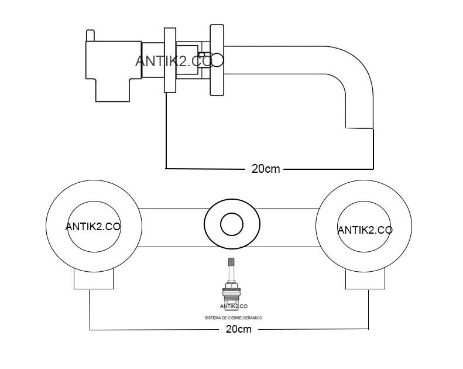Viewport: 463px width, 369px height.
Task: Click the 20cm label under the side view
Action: click(x=265, y=169)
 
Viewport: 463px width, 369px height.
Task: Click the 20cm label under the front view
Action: click(x=238, y=329)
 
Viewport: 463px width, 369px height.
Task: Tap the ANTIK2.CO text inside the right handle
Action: click(x=365, y=230)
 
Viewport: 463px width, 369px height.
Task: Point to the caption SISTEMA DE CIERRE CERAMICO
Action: click(x=233, y=317)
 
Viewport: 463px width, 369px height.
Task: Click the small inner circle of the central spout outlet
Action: click(x=231, y=224)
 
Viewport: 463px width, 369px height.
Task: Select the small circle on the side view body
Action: click(x=217, y=59)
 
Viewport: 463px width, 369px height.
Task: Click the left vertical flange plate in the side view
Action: click(x=170, y=59)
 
